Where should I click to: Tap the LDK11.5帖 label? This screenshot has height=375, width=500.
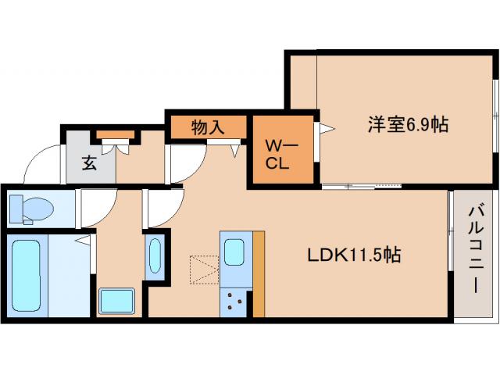pyautogui.click(x=352, y=254)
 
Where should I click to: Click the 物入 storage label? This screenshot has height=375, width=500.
pyautogui.click(x=207, y=127)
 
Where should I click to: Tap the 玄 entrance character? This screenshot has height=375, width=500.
pyautogui.click(x=88, y=163)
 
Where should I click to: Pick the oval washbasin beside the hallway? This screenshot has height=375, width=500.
pyautogui.click(x=155, y=255)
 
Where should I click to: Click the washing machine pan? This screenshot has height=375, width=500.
pyautogui.click(x=116, y=301)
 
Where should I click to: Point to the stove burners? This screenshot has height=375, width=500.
pyautogui.click(x=234, y=300)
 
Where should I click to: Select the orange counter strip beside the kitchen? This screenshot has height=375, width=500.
pyautogui.click(x=259, y=273)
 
